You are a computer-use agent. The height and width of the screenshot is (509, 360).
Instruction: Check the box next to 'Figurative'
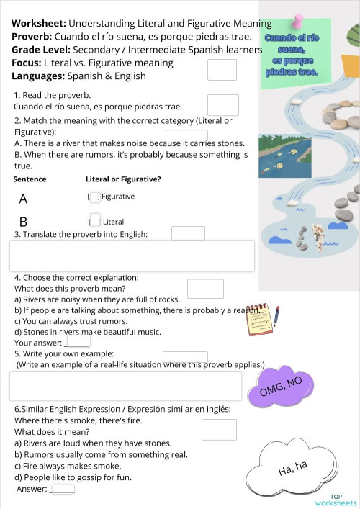click(94, 197)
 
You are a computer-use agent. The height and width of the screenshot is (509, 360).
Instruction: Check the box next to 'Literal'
click(94, 220)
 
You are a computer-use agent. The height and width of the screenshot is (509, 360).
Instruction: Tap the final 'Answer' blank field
click(63, 489)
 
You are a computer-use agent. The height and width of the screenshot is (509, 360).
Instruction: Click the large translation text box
click(132, 256)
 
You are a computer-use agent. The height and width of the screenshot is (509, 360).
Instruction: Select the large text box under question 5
click(125, 386)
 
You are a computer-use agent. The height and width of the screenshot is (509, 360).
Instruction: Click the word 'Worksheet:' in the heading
click(39, 24)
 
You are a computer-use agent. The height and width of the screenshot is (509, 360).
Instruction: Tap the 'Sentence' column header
click(30, 179)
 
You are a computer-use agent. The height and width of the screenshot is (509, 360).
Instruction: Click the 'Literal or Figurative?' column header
click(123, 179)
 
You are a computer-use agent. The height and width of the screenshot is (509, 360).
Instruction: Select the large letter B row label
click(24, 222)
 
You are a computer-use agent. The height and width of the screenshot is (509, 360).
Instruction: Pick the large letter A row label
click(24, 199)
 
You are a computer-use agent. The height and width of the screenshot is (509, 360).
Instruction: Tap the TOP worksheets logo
click(336, 499)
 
